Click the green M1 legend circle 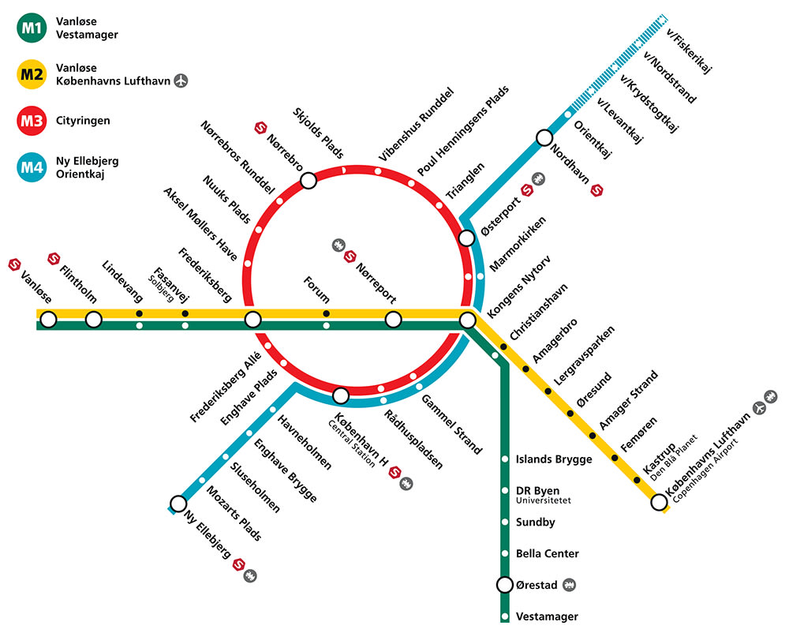[32, 28]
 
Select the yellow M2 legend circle [32, 74]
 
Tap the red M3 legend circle [32, 121]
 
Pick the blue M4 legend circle [32, 167]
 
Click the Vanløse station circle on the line [48, 320]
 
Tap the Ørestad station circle [505, 585]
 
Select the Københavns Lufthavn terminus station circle [659, 502]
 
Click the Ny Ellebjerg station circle [178, 504]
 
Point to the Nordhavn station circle [544, 137]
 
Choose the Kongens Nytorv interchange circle [467, 320]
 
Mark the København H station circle [341, 395]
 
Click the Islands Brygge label [554, 459]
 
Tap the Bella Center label [548, 553]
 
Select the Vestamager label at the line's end [547, 617]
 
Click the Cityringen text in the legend [83, 121]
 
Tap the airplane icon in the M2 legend [181, 81]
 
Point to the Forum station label [316, 290]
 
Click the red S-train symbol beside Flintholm [54, 259]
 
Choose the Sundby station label [536, 523]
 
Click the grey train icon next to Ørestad [569, 585]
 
